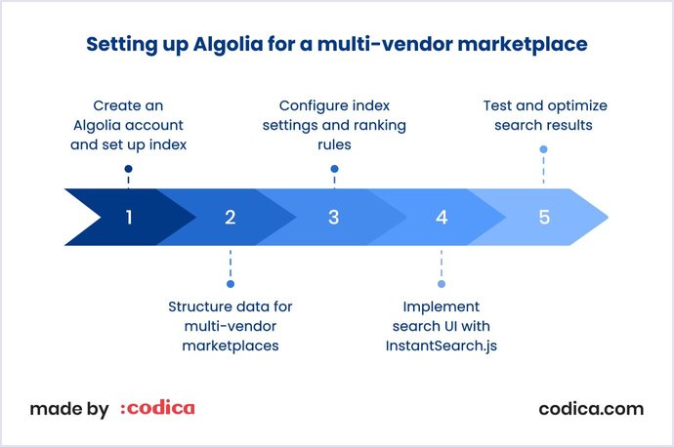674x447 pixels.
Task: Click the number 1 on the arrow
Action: [x=128, y=217]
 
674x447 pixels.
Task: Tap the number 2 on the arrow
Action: [x=231, y=217]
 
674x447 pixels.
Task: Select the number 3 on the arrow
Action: [x=334, y=217]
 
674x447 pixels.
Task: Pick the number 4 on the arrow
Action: [x=442, y=217]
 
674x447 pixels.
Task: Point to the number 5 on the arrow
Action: [x=544, y=217]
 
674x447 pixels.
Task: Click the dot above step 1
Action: [x=128, y=169]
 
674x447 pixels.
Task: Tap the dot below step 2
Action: [x=231, y=284]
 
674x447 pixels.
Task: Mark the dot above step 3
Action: [x=334, y=169]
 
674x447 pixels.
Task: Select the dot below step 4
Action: [x=442, y=284]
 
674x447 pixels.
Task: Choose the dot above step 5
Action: [x=543, y=149]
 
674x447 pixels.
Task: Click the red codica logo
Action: [x=157, y=409]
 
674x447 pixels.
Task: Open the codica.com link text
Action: [x=591, y=409]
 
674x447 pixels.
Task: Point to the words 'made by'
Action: [x=69, y=409]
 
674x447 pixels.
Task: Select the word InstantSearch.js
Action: [x=442, y=345]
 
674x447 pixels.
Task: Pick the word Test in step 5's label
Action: [x=497, y=105]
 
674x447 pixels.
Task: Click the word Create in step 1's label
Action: [x=115, y=105]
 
